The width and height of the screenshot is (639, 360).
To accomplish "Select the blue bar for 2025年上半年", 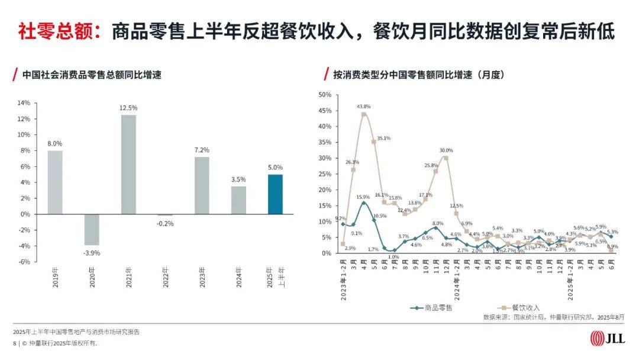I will [275, 194].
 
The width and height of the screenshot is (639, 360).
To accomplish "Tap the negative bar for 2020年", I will [92, 229].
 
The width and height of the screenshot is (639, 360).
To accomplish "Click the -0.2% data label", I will [165, 223].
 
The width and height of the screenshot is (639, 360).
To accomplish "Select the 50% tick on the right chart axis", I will [325, 95].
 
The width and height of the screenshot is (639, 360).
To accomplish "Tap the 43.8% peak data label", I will [364, 107].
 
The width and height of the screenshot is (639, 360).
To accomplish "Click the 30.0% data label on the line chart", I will [446, 150].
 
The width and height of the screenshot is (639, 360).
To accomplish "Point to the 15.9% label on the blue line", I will [363, 197].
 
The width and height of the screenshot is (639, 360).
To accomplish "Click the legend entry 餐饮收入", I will [518, 308].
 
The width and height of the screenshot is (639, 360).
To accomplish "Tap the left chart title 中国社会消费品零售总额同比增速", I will [92, 75].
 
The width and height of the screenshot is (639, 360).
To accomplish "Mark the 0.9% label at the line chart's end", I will [613, 247].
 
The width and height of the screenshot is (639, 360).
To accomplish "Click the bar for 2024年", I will [238, 200].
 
